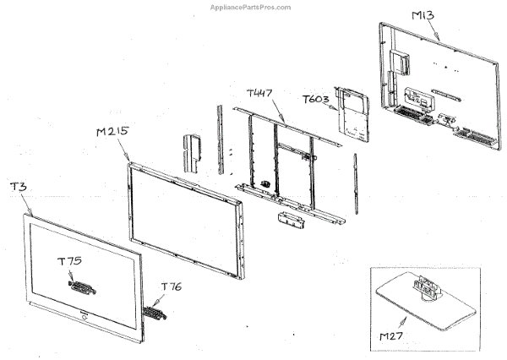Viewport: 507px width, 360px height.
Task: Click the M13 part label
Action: tap(425, 14)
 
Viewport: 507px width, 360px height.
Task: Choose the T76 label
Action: tap(171, 286)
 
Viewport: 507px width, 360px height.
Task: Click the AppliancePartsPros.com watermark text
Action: tap(250, 6)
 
